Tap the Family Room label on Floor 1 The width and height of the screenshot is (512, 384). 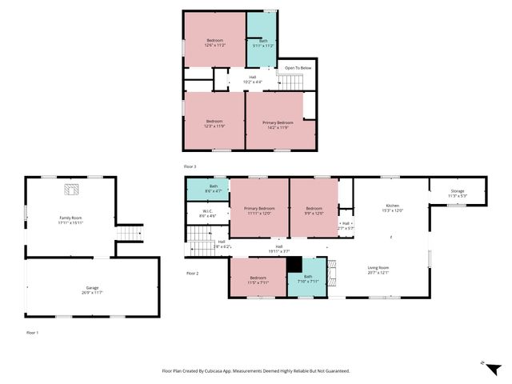coord(70,219)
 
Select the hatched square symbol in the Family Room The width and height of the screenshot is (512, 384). coord(71,189)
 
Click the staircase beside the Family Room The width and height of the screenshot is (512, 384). coord(130,233)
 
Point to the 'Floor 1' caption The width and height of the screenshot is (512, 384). coord(31,332)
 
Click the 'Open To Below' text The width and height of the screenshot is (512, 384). coord(297,69)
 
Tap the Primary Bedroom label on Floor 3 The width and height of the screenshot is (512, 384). coord(278,124)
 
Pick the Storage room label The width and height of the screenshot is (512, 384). coord(457,193)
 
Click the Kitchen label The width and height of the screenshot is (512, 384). coord(393,208)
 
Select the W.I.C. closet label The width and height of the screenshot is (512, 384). coord(206,214)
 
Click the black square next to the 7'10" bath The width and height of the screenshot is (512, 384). coord(294,263)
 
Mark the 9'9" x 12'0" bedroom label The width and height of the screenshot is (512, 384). coord(313,211)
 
